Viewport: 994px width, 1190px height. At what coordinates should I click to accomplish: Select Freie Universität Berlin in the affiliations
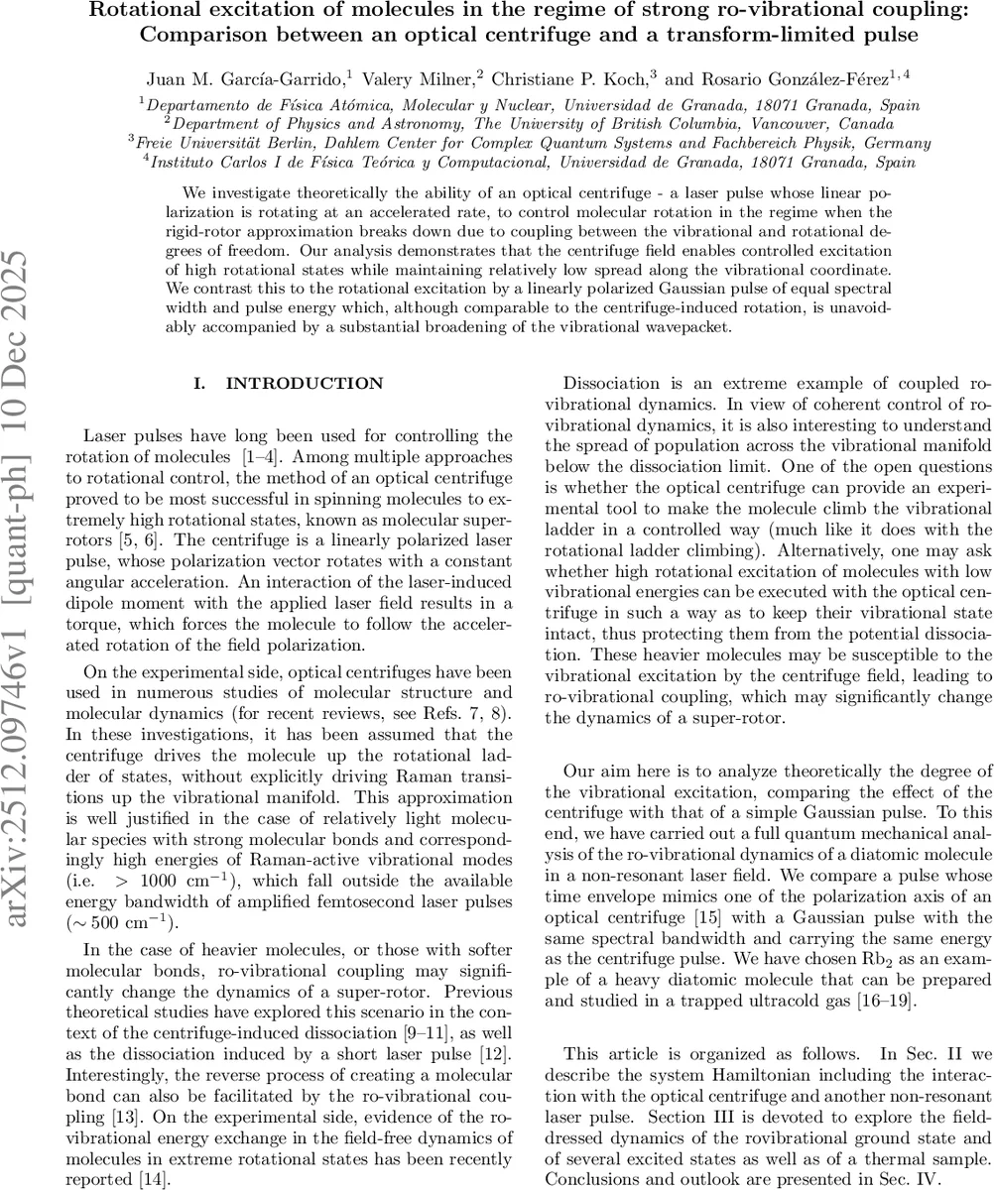tap(212, 142)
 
